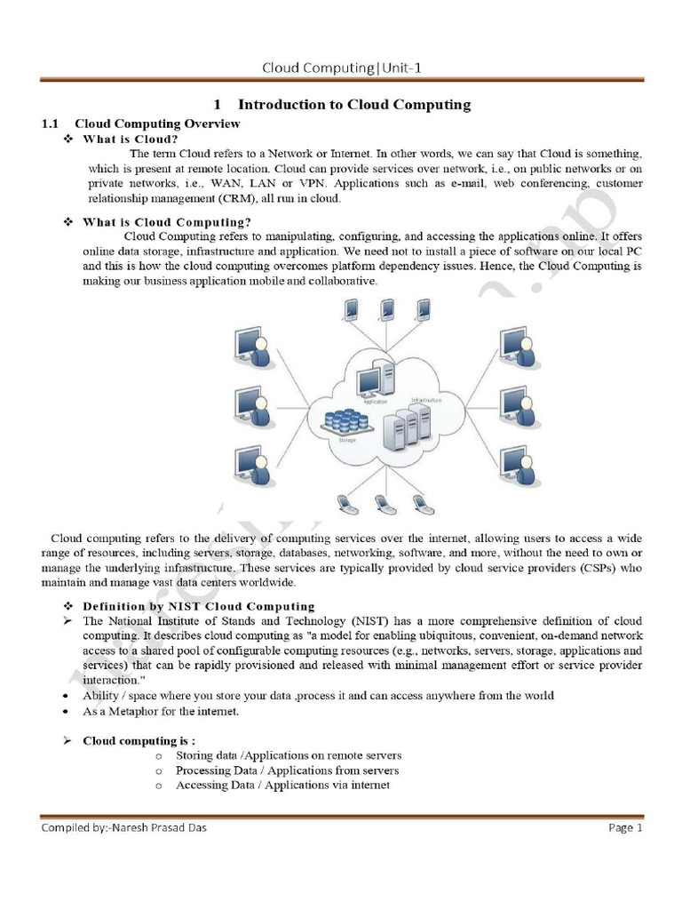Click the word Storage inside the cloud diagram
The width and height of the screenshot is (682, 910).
point(347,439)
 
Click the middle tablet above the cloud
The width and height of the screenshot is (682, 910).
point(387,309)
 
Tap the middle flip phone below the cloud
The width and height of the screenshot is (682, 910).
point(382,505)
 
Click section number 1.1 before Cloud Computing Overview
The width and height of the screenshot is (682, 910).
point(51,124)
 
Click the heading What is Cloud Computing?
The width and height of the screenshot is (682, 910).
point(167,222)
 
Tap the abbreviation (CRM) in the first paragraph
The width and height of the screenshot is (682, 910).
point(234,199)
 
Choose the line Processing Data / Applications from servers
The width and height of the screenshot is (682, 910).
point(287,770)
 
